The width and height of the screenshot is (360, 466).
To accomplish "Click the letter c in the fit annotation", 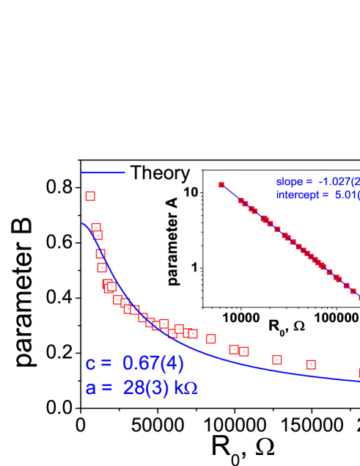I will point(90,364).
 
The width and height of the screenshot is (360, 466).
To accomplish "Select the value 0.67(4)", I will point(153,363).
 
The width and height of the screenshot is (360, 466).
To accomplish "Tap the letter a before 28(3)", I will point(90,388).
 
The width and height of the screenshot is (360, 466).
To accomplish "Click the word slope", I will point(289,181).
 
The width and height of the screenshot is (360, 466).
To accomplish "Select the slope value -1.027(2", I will point(338,181).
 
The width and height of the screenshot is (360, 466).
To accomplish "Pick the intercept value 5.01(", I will point(346,195).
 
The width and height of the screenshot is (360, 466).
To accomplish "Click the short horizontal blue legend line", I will point(103,173).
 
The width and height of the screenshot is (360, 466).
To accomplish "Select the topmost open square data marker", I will point(90,196).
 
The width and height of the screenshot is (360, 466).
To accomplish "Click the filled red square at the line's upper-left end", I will point(221,185).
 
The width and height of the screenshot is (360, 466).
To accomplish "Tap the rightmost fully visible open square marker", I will point(311,365).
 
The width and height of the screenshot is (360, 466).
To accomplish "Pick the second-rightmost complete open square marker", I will point(277,360).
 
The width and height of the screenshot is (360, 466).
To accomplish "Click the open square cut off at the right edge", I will point(358,373).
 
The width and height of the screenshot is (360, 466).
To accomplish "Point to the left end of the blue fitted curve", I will point(82,224).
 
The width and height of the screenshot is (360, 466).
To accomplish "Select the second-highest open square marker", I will point(96,227).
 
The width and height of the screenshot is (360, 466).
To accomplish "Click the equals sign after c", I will point(106,365).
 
